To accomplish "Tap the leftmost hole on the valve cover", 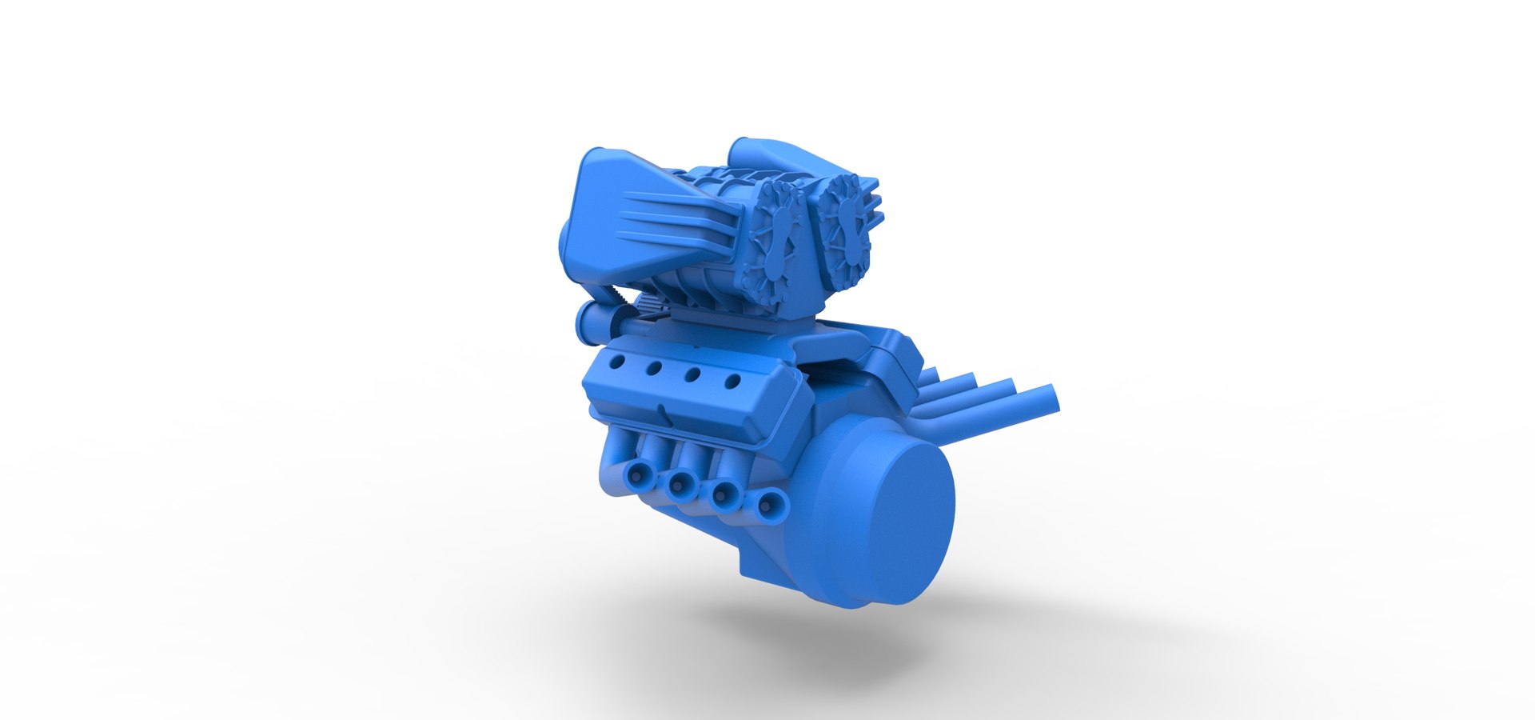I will point(616,362).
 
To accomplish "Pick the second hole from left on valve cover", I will point(654,369).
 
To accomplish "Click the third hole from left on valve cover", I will point(692,375).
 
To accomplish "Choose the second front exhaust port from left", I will point(681,482).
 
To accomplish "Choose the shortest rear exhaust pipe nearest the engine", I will point(929,375).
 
